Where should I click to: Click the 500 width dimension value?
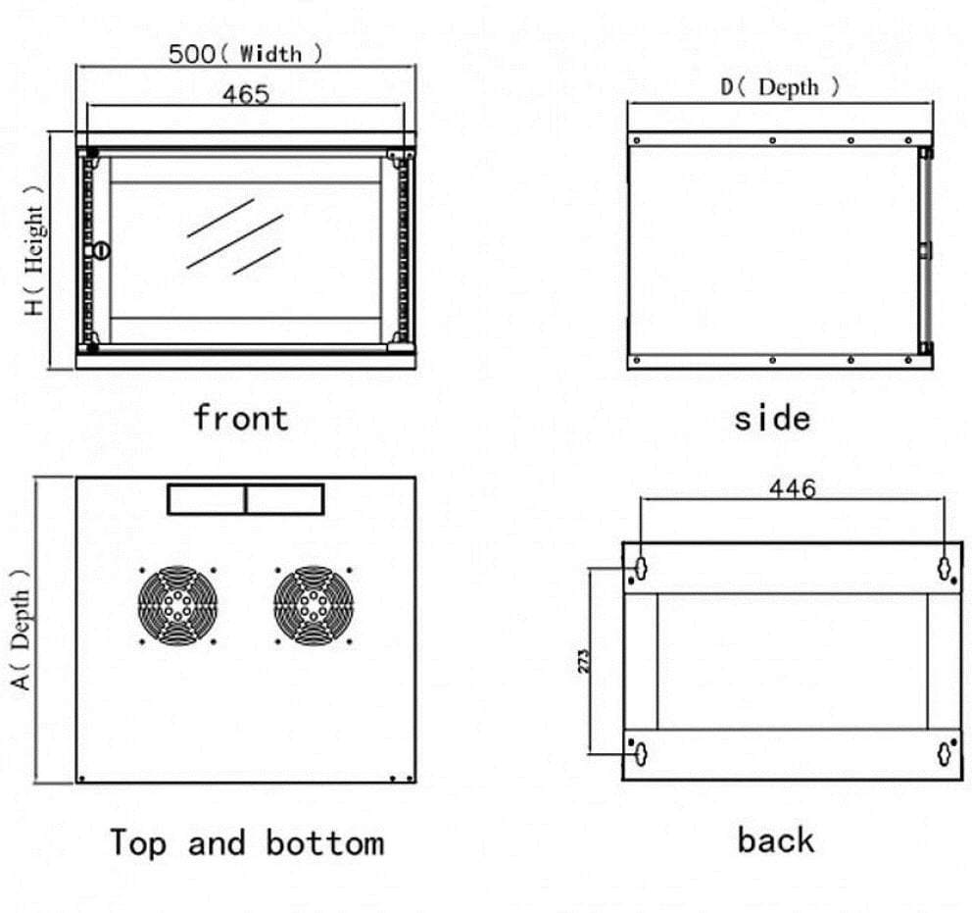click(x=191, y=54)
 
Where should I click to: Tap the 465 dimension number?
click(x=246, y=94)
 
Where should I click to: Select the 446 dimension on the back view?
click(x=793, y=488)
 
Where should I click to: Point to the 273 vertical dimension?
click(x=583, y=661)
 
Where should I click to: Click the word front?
click(x=241, y=417)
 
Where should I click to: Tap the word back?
click(x=775, y=840)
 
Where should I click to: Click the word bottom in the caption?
click(x=325, y=843)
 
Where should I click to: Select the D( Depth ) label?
click(x=780, y=86)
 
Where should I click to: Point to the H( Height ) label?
click(x=34, y=251)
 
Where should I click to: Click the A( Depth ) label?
click(x=21, y=629)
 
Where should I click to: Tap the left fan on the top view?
click(x=178, y=605)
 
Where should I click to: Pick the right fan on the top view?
click(x=314, y=605)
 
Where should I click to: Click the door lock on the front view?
click(x=99, y=251)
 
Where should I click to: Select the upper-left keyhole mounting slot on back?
click(x=641, y=568)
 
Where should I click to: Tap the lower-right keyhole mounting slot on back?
click(x=945, y=753)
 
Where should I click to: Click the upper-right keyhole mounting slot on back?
click(x=945, y=568)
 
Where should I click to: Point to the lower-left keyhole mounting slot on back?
click(x=641, y=753)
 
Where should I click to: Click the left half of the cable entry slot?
click(x=207, y=499)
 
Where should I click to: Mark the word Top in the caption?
click(x=138, y=843)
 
